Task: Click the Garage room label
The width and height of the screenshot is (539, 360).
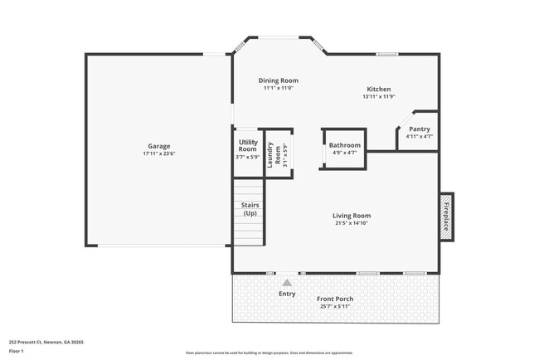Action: pyautogui.click(x=159, y=146)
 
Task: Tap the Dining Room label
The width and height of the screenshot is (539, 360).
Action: pyautogui.click(x=279, y=80)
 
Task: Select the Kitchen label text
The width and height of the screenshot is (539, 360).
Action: pyautogui.click(x=378, y=90)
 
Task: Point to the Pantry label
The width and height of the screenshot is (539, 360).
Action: pyautogui.click(x=420, y=129)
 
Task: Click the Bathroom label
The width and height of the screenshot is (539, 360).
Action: pyautogui.click(x=344, y=144)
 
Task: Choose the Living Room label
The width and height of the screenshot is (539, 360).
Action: pyautogui.click(x=352, y=216)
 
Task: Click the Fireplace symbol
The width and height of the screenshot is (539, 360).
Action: pyautogui.click(x=445, y=216)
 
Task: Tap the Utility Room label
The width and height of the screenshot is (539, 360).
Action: pyautogui.click(x=248, y=145)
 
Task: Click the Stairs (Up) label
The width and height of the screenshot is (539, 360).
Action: pyautogui.click(x=249, y=209)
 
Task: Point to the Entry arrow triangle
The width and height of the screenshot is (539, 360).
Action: pyautogui.click(x=287, y=283)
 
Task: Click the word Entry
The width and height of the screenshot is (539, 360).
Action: pyautogui.click(x=287, y=294)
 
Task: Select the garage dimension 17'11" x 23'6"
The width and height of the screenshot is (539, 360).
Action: pyautogui.click(x=159, y=153)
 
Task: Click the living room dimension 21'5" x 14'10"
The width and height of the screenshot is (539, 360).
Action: pyautogui.click(x=352, y=223)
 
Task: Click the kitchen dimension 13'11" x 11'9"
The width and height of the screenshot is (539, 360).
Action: pyautogui.click(x=378, y=97)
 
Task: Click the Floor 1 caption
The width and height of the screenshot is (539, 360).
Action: pyautogui.click(x=17, y=351)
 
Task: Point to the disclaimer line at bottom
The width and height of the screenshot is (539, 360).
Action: pyautogui.click(x=269, y=352)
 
